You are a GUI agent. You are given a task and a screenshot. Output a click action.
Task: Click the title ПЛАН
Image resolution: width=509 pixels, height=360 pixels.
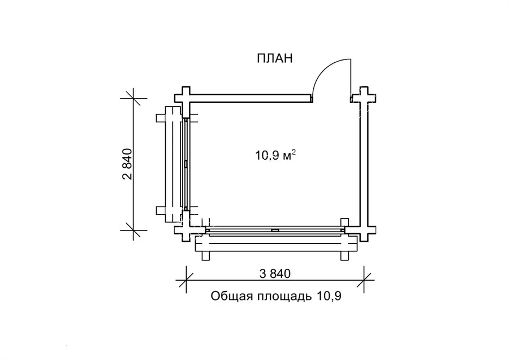pos(275,58)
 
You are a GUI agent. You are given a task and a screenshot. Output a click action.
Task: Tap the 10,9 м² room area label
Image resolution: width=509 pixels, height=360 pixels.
pos(275,155)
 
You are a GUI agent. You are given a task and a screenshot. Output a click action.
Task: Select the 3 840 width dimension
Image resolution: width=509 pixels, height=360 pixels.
pos(275,273)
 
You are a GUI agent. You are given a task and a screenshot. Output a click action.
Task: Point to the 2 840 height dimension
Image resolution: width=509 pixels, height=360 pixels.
pos(127,164)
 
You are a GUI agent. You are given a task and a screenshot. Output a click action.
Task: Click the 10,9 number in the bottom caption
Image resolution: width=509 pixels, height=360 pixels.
pos(328,296)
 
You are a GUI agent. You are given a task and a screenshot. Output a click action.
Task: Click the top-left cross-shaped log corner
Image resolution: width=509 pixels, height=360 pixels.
pos(186,98)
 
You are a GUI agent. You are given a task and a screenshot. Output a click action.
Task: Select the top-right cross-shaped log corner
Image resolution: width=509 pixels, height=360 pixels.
pos(364,98)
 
